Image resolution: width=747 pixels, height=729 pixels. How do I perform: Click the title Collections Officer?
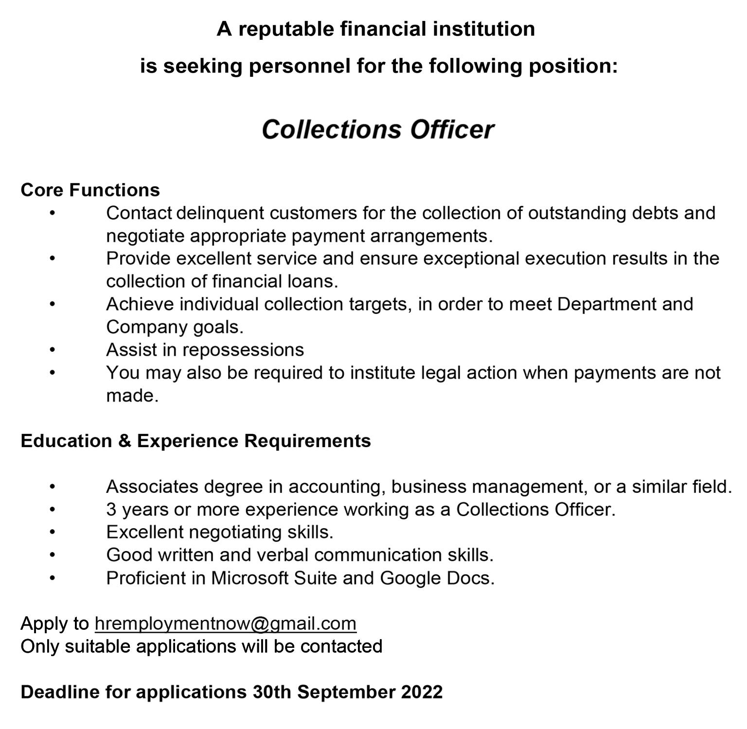tap(377, 130)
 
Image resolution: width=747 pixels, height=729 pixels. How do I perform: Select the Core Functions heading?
tap(90, 190)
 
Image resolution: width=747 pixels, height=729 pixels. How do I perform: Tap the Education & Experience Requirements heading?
tap(196, 441)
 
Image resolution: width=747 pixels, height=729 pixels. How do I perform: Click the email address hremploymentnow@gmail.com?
tap(226, 624)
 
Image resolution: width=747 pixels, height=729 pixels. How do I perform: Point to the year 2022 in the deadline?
tap(422, 692)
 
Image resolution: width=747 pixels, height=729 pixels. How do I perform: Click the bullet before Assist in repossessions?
tap(53, 350)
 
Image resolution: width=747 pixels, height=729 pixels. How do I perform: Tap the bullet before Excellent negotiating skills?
tap(53, 532)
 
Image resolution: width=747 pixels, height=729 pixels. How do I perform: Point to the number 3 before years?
tap(111, 509)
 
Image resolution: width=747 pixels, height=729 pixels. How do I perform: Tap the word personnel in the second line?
tap(300, 66)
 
